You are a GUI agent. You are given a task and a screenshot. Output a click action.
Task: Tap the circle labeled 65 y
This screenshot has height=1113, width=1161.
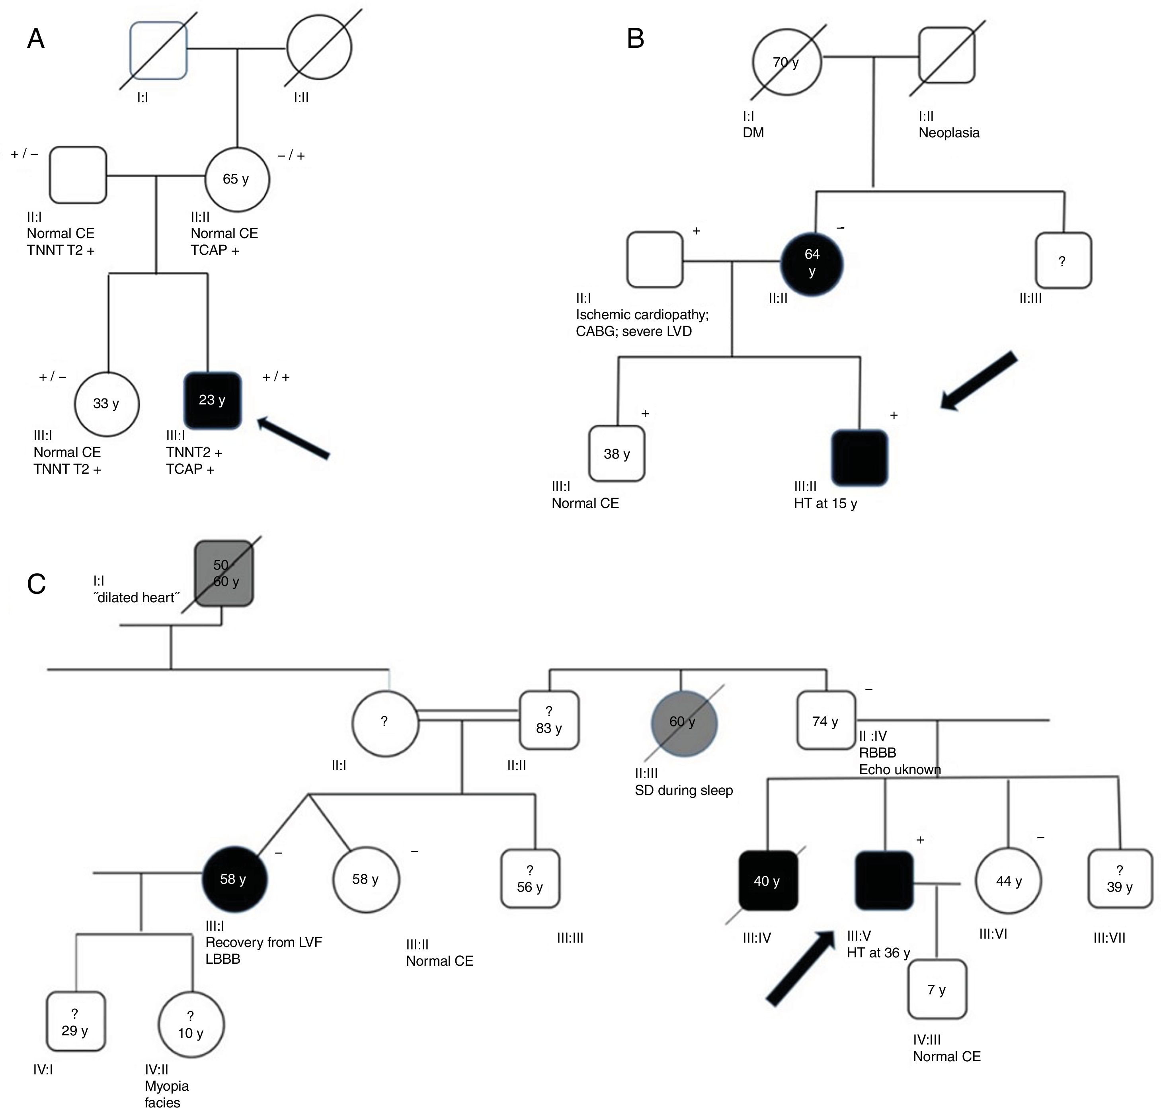pos(237,179)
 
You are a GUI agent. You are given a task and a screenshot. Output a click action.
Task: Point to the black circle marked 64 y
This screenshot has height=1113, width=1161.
pos(812,262)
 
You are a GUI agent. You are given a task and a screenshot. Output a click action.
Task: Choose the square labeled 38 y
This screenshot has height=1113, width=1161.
pos(617,454)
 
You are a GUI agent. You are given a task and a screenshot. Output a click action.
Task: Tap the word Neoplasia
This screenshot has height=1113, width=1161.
pos(949,133)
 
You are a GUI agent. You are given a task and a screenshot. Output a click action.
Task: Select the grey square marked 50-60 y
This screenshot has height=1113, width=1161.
pos(224,573)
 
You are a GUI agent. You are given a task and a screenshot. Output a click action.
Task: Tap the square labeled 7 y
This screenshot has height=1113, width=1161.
pos(937,990)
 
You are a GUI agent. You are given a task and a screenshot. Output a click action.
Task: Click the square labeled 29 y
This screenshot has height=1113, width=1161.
pos(76,1022)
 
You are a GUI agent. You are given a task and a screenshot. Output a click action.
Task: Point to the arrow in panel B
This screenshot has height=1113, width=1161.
pos(979,381)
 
